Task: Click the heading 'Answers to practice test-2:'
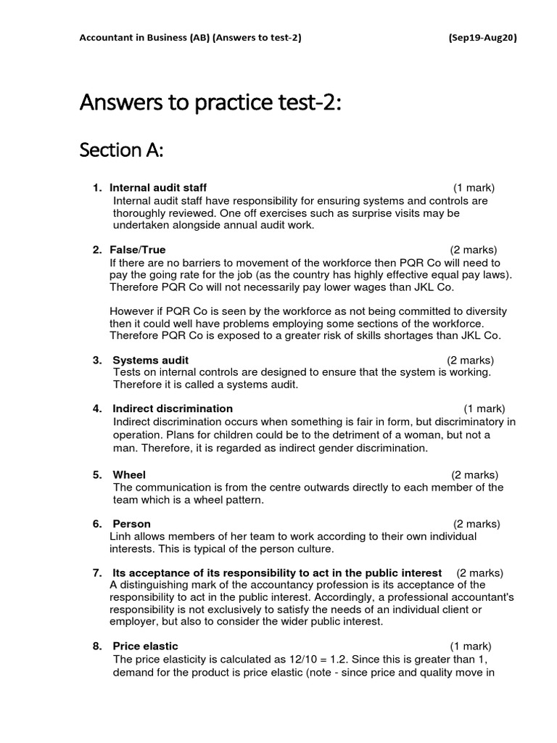(x=210, y=102)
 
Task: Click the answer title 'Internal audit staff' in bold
(x=160, y=188)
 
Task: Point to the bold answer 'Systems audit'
(x=150, y=360)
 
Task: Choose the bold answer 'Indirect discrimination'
(x=173, y=409)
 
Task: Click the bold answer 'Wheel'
(x=129, y=475)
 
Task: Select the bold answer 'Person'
(x=131, y=524)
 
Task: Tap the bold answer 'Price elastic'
(x=145, y=646)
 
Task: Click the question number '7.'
(x=97, y=572)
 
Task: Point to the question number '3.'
(x=97, y=360)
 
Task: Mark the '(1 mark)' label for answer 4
(x=484, y=409)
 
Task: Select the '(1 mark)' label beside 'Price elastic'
(x=470, y=646)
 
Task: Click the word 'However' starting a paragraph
(x=132, y=311)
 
